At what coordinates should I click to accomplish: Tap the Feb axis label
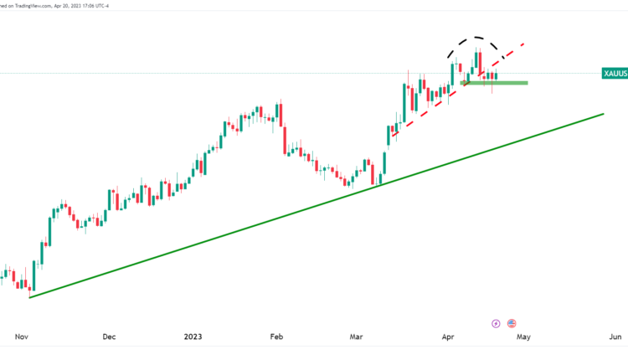(x=276, y=337)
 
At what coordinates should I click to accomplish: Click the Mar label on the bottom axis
(x=356, y=337)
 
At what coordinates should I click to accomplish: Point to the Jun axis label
(x=615, y=337)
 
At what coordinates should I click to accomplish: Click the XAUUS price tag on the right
(x=615, y=74)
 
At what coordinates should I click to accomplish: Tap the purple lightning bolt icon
(x=496, y=323)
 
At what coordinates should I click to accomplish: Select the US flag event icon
(x=512, y=323)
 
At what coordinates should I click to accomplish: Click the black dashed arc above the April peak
(x=476, y=38)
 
